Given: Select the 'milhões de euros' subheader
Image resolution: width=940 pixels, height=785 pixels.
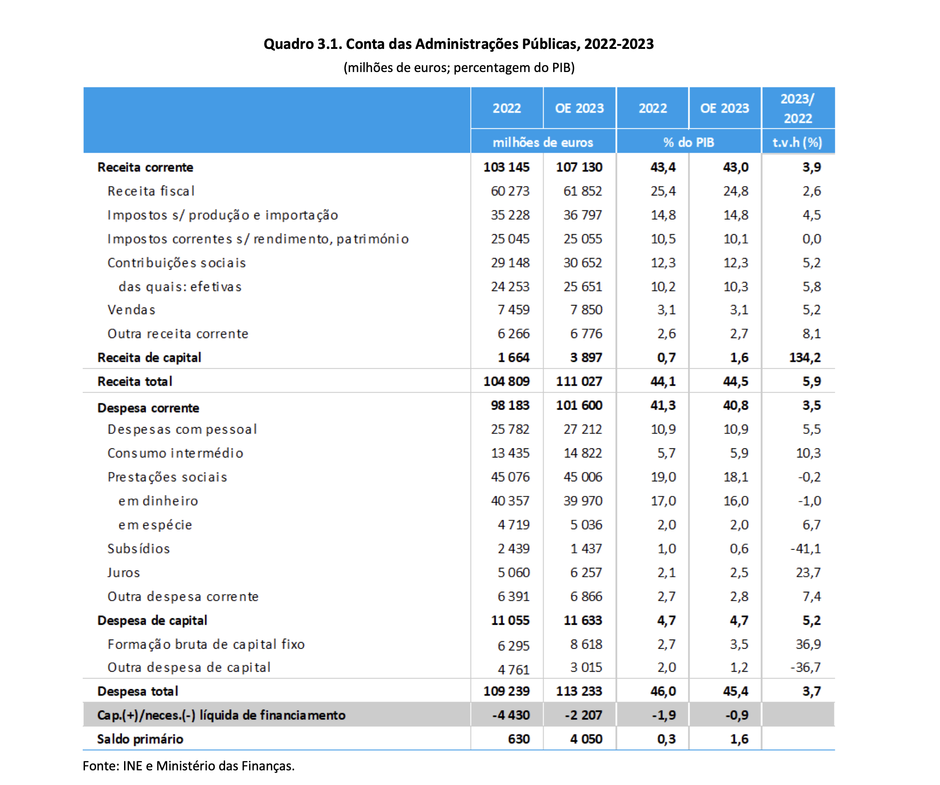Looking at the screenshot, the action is tap(542, 142).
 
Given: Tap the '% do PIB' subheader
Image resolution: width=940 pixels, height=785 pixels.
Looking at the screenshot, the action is tap(688, 142).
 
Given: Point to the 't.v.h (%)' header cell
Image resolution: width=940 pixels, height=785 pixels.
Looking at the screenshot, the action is tap(797, 142).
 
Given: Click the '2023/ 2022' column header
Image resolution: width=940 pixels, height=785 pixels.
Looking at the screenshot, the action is tap(798, 108).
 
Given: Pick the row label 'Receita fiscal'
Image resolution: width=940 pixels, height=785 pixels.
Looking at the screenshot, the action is tap(151, 191).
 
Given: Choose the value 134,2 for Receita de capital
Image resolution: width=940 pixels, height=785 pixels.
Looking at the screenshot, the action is tap(805, 357).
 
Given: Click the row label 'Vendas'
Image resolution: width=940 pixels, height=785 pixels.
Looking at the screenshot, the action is tap(131, 310).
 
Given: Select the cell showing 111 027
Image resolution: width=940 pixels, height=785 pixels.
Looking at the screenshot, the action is tap(579, 381).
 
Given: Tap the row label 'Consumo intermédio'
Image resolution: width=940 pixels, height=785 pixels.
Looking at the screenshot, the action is tap(176, 453).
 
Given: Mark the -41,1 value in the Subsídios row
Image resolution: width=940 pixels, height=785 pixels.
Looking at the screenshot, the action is tap(806, 549).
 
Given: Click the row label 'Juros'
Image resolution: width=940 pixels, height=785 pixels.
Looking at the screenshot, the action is tap(124, 573).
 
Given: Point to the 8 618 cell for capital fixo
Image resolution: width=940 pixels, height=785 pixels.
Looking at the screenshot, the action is tap(586, 644).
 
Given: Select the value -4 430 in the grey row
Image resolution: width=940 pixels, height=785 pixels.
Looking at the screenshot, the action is tap(511, 715).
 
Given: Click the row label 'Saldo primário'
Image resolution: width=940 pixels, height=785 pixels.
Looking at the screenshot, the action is tap(140, 739).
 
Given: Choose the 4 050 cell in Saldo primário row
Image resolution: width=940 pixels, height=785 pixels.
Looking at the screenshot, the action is tap(586, 739).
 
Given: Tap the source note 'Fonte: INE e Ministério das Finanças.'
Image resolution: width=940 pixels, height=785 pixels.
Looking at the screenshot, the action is tap(189, 766).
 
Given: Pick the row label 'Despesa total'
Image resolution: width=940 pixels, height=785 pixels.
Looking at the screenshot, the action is tap(138, 691).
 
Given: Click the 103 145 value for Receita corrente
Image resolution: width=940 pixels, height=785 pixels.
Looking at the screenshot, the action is tap(506, 167).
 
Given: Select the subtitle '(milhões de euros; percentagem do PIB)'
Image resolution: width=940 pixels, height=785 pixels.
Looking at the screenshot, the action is tap(459, 68).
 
